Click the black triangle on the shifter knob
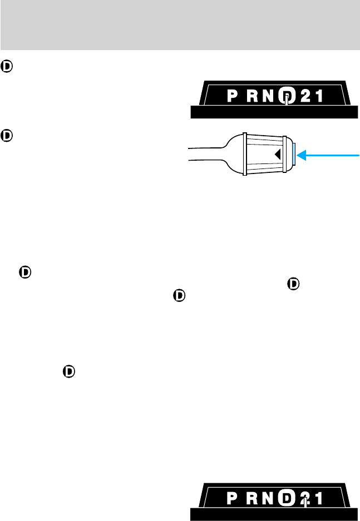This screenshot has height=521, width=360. click(x=277, y=155)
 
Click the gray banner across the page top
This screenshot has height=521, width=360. click(x=180, y=24)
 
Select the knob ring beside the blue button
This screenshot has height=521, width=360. click(x=287, y=155)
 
